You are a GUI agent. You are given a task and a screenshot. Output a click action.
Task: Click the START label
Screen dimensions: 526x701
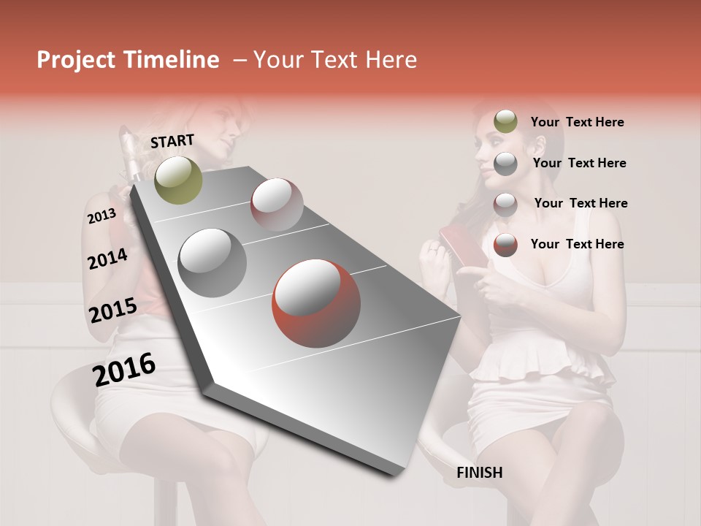pos(172,141)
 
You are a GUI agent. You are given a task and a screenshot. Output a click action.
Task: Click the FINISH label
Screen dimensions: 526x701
pos(479,473)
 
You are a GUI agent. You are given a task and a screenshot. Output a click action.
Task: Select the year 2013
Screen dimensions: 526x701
pos(101,216)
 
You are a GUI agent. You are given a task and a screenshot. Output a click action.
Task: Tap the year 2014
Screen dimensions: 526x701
pos(107,259)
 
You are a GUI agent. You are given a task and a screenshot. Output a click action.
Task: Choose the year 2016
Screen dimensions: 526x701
pos(124,369)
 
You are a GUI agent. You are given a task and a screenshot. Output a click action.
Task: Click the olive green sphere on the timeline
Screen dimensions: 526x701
pos(178,180)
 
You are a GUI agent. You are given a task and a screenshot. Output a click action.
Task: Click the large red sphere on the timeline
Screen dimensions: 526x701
pos(316,304)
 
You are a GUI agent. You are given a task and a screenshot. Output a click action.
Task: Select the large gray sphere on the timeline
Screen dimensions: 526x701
pos(212,262)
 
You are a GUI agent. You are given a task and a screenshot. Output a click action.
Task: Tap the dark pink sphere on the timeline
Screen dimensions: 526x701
pos(277,205)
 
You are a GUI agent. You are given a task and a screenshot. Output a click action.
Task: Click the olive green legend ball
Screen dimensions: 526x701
pos(505,122)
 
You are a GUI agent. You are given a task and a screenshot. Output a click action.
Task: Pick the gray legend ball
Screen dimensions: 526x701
pos(505,164)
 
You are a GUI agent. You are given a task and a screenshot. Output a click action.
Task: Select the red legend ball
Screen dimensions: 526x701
pos(505,245)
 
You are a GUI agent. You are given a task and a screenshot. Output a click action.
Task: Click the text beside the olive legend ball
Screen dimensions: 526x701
pos(577,123)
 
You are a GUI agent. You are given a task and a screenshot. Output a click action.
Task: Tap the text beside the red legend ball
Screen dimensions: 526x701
pos(577,244)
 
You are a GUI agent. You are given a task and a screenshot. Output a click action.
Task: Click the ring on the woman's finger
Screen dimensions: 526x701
pos(434,250)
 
